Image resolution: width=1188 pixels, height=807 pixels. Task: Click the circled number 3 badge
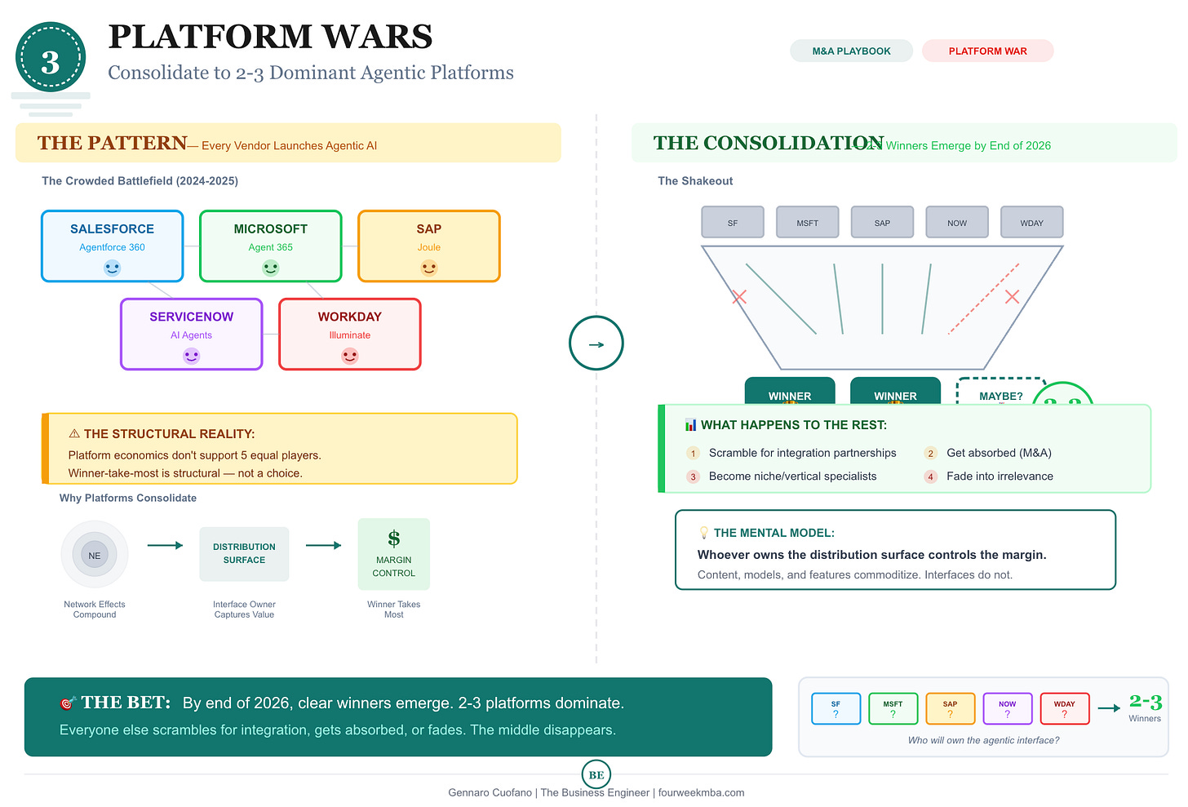click(51, 59)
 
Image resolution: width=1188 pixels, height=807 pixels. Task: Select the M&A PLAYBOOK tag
click(851, 51)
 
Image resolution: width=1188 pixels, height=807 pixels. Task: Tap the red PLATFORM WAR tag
click(987, 51)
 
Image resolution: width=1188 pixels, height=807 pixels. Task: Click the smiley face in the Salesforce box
click(112, 268)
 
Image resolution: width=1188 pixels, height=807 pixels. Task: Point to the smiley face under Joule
click(428, 268)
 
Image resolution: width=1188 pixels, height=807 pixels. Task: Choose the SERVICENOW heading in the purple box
click(191, 317)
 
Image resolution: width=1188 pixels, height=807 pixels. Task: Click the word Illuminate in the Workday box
click(349, 335)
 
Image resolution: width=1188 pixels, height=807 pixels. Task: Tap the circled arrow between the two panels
click(596, 344)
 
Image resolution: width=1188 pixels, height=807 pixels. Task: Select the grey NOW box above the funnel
click(956, 222)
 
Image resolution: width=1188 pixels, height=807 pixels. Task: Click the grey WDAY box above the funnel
click(1031, 222)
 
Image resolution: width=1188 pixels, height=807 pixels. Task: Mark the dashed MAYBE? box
click(1000, 392)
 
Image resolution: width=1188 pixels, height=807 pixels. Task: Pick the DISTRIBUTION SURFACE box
click(244, 553)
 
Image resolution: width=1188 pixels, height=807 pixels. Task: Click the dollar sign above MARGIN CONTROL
click(394, 539)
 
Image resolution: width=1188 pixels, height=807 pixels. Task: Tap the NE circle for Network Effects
click(95, 555)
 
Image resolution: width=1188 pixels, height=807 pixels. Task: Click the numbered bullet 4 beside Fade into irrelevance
click(930, 477)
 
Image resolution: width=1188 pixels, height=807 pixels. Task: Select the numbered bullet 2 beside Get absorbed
click(930, 454)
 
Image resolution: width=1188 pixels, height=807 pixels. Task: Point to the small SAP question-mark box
click(950, 708)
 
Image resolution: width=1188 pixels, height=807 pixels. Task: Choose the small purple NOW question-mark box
click(1007, 708)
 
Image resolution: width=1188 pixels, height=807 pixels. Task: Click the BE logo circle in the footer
click(596, 774)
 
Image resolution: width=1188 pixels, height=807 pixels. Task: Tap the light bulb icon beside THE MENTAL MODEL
click(703, 533)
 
